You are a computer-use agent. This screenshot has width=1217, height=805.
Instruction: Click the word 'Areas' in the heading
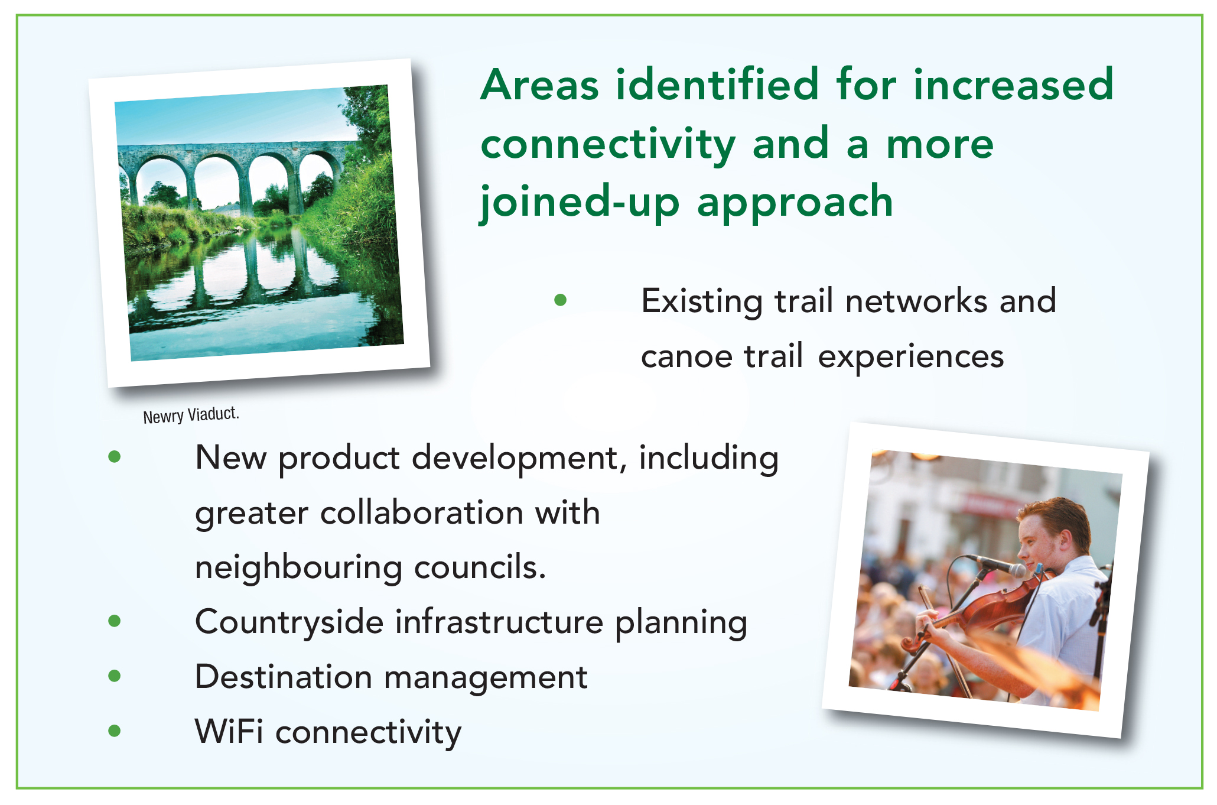coord(540,85)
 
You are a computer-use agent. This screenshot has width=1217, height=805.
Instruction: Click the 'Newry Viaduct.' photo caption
coord(191,415)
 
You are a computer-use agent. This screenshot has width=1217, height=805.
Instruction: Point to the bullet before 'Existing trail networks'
coord(561,300)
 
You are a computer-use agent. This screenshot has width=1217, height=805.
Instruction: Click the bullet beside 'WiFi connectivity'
coord(115,731)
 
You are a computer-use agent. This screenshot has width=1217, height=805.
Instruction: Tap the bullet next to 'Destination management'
coord(115,676)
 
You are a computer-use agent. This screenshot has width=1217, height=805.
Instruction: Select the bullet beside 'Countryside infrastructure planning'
coord(115,621)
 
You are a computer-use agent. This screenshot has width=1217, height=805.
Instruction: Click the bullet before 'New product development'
coord(115,456)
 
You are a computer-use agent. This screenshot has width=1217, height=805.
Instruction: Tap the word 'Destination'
coord(283,677)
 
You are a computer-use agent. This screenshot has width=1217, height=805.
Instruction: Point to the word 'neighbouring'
coord(298,569)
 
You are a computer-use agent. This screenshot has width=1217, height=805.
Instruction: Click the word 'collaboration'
coord(422,512)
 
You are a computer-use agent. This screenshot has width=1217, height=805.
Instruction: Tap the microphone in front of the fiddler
coord(999,565)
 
